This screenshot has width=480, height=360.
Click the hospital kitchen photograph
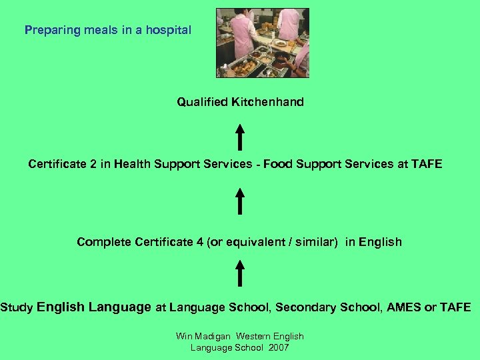coord(263,43)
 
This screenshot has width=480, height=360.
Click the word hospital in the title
coord(169,30)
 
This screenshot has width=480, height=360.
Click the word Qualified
coord(202,102)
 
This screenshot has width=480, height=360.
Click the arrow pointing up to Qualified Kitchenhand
coord(239,136)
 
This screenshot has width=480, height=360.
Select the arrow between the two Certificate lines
coord(239,201)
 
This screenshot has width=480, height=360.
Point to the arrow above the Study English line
coord(239,273)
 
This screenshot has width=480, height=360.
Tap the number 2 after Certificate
coord(93,164)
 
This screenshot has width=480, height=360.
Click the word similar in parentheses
coord(314,242)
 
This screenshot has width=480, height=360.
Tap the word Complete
coord(104,242)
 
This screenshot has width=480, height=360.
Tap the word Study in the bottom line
coord(17,307)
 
